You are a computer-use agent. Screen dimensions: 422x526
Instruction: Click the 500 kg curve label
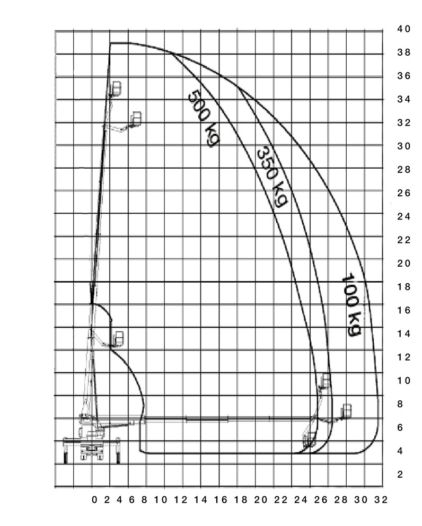[203, 118]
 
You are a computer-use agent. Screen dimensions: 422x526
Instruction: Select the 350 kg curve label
[272, 177]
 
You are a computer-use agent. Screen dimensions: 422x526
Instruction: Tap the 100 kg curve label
[351, 304]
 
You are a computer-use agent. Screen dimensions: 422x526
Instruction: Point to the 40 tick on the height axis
[403, 29]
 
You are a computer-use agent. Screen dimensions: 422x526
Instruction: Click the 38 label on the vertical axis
[403, 52]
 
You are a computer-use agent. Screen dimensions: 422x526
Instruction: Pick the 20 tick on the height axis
[403, 264]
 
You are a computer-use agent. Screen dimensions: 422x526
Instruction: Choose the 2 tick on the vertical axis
[400, 475]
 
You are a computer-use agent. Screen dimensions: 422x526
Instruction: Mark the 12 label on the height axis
[403, 357]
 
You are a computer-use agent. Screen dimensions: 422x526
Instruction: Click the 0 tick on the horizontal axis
[94, 500]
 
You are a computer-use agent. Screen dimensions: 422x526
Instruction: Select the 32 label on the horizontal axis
[381, 500]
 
